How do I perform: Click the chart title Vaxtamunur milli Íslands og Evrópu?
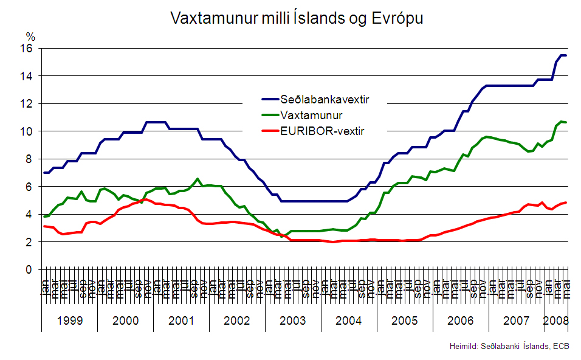point(297,18)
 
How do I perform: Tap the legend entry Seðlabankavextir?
point(325,99)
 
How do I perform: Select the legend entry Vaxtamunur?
point(311,115)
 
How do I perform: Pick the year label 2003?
point(293,320)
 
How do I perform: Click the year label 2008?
point(555,320)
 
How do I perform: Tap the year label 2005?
point(405,320)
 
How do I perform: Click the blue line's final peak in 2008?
point(562,55)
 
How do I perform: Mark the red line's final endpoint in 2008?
point(565,202)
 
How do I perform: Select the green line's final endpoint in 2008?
point(565,122)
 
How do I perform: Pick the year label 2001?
point(181,320)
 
